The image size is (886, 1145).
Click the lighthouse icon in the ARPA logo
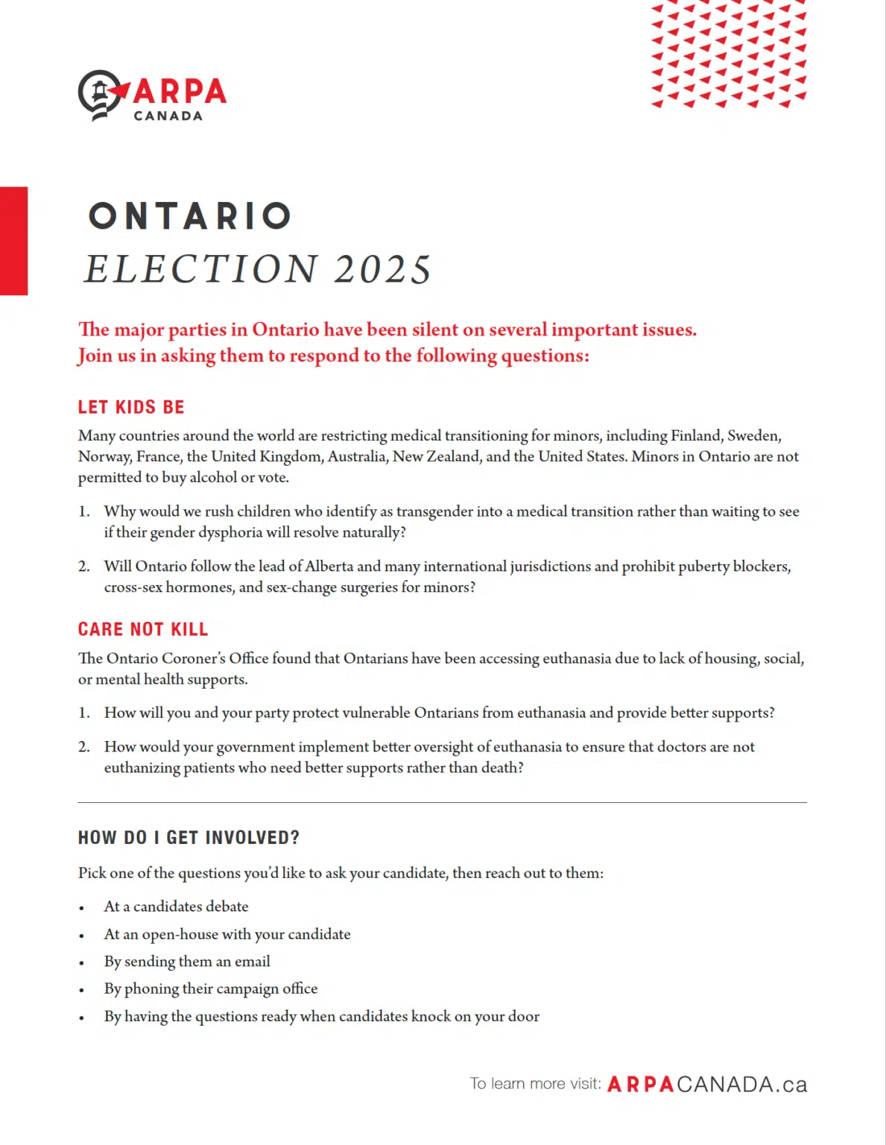[x=100, y=93]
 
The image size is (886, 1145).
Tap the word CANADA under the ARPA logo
[x=168, y=116]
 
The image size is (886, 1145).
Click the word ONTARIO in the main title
[x=190, y=216]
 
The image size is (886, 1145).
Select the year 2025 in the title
[x=383, y=269]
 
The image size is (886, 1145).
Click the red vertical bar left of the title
[x=13, y=241]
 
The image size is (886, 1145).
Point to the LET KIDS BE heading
[x=131, y=407]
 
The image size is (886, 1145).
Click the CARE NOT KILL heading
[x=143, y=629]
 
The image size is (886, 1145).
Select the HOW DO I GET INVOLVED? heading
[x=189, y=838]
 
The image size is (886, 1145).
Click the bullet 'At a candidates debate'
[x=176, y=906]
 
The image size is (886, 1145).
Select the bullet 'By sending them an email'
[x=187, y=962]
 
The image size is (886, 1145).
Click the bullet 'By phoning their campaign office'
[x=211, y=988]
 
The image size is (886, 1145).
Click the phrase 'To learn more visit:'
[x=535, y=1084]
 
